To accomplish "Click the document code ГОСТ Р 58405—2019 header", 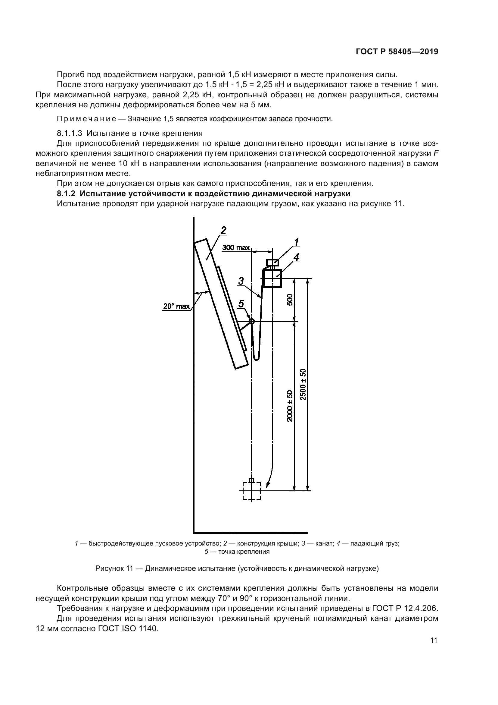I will tap(397, 52).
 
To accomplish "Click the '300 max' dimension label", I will tap(236, 247).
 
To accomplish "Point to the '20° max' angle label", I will tap(176, 306).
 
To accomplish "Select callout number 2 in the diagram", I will tap(223, 230).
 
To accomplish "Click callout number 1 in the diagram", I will tap(296, 242).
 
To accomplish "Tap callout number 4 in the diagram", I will tap(296, 257).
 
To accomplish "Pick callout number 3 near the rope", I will tap(241, 281).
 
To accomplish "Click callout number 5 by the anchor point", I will tap(241, 304).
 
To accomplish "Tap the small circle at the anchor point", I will tap(251, 322).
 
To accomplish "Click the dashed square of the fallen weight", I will tap(251, 491).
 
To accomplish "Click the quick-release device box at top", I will tap(272, 262).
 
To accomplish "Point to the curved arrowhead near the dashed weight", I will tap(268, 485).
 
